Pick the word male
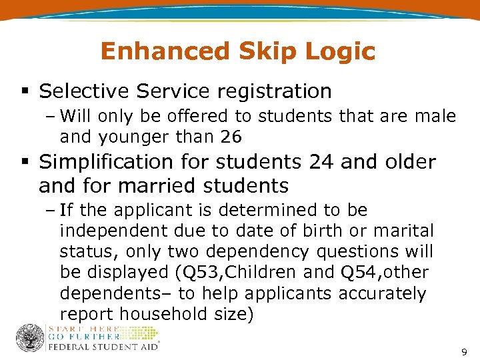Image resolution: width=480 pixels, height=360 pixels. (x=435, y=117)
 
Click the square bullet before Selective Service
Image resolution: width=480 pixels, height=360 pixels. (x=24, y=91)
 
